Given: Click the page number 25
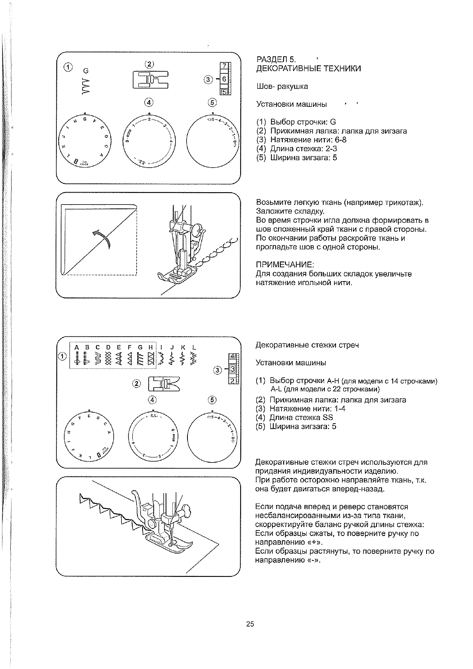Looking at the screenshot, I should coord(250,624).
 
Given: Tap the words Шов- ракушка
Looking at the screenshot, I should coord(282,87).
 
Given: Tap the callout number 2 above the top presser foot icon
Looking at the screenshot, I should coord(149,64).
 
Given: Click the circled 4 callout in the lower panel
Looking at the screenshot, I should coord(152,399).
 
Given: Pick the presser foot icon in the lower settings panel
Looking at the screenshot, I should coord(164,384).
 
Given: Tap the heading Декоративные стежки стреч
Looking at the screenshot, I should coord(307,345).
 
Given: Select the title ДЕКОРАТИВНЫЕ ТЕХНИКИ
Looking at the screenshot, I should coord(309,69).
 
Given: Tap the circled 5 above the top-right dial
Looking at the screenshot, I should coord(212,102).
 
